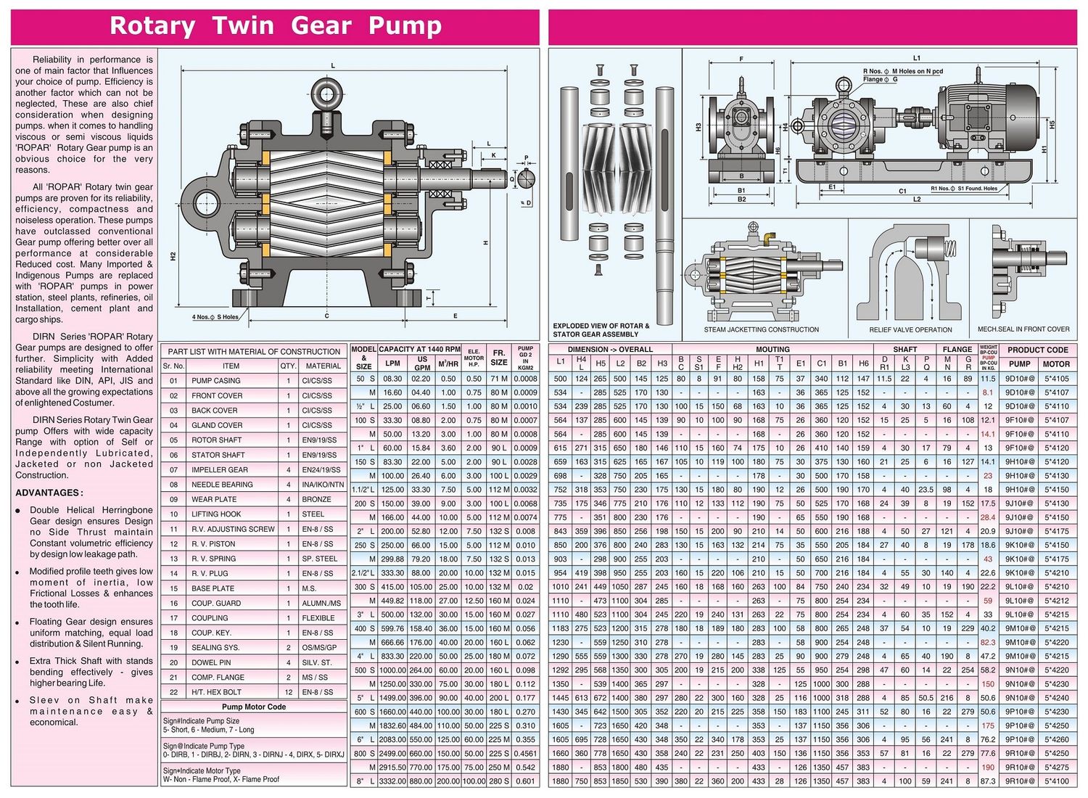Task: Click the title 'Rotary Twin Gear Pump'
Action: coord(275,26)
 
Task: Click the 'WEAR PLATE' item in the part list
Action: coord(213,499)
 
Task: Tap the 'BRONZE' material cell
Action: coord(317,499)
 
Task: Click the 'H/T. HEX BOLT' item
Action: coord(216,692)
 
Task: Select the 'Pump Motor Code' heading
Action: coord(254,707)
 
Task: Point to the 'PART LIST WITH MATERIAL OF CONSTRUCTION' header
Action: coord(254,351)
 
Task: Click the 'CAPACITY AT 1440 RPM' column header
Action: coord(419,349)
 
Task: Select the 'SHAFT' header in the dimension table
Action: coord(904,350)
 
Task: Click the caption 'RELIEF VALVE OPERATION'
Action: coord(910,330)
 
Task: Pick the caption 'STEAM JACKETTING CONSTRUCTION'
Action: coord(761,330)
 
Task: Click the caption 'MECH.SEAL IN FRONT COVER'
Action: coord(1023,329)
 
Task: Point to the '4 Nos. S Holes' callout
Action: coord(215,317)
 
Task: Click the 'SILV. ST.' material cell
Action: coord(317,662)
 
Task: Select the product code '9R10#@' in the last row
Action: coord(1019,781)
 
